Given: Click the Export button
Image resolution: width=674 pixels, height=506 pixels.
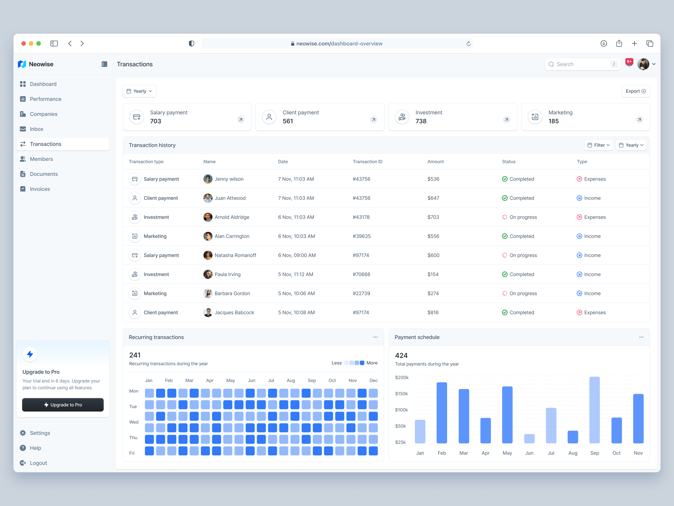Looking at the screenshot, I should (x=635, y=91).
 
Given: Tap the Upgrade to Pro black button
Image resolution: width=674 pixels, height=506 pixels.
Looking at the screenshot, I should (x=63, y=405).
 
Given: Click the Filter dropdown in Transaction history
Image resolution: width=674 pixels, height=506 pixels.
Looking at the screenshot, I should (x=599, y=145).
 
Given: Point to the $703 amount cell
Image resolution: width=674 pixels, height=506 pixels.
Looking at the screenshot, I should (x=433, y=217).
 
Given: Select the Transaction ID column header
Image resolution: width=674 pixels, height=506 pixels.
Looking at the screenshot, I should (x=367, y=162).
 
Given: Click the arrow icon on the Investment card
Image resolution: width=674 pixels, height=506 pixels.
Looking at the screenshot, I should (x=506, y=120).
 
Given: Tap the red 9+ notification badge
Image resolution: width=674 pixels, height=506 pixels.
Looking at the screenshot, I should (x=629, y=62).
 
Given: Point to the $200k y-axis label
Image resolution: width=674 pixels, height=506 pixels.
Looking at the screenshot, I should (x=402, y=378).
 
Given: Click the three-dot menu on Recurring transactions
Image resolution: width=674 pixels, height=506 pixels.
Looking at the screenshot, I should (x=375, y=337).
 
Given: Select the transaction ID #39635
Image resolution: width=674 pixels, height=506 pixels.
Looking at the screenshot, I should (x=362, y=236).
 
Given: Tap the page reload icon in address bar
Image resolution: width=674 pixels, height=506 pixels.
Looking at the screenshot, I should (x=468, y=44).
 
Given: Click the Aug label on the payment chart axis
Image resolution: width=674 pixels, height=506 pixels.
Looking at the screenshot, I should (x=573, y=453).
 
